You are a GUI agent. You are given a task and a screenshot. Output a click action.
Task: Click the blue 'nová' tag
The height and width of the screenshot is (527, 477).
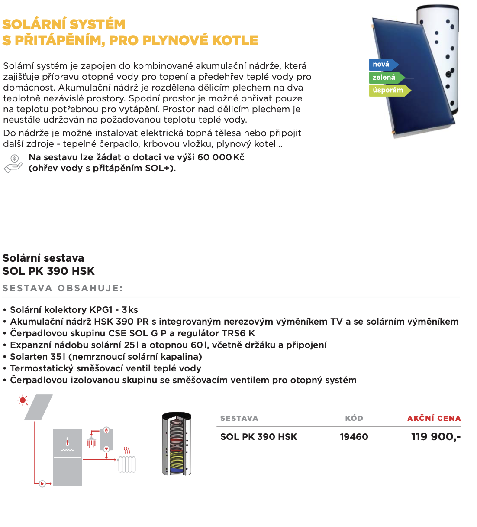[x=382, y=65]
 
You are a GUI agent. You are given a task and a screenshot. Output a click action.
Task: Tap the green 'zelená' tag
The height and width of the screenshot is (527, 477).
[x=385, y=78]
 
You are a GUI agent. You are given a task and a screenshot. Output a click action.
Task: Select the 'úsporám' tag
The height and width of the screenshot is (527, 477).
[x=388, y=90]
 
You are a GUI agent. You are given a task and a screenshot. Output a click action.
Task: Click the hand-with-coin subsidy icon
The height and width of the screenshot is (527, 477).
[x=13, y=163]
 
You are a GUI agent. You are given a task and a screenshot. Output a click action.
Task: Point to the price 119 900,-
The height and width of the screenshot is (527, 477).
[x=435, y=437]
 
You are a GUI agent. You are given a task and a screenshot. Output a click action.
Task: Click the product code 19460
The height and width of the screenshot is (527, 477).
[x=354, y=437]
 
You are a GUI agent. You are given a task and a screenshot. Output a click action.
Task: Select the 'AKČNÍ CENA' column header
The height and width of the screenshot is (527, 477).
[x=434, y=418]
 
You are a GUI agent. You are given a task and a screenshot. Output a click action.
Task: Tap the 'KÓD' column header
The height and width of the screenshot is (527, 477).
[x=354, y=418]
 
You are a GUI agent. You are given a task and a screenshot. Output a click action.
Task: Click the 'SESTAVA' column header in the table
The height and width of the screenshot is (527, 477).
[x=239, y=418]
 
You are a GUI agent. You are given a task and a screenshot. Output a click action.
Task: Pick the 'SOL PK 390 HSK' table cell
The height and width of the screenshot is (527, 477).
[x=258, y=437]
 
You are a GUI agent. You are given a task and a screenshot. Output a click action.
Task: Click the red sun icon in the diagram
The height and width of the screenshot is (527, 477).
[x=23, y=400]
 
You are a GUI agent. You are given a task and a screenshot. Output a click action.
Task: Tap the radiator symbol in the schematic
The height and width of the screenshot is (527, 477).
[x=127, y=464]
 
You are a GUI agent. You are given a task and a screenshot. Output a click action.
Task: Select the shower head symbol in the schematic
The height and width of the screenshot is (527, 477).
[x=91, y=442]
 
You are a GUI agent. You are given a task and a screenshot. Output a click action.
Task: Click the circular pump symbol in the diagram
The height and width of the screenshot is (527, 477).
[x=42, y=483]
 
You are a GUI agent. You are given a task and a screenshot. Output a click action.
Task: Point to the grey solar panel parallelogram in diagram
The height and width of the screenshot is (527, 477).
[x=39, y=407]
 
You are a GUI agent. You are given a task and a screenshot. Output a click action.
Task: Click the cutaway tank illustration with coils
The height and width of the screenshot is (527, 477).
[x=177, y=444]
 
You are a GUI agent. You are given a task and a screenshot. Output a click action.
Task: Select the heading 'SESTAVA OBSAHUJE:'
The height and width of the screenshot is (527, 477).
[x=63, y=288]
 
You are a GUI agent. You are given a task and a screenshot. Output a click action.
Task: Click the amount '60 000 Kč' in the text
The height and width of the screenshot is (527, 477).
[x=221, y=157]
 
